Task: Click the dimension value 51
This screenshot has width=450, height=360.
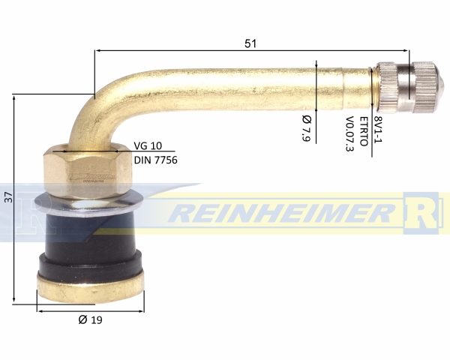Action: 250,43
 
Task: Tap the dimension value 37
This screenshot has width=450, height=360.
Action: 10,197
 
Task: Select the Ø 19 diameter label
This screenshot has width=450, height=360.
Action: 91,319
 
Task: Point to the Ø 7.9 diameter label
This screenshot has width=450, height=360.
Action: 307,127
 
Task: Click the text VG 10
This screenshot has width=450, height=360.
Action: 148,145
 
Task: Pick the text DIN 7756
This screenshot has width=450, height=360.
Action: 155,160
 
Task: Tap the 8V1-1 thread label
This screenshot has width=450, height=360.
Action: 378,129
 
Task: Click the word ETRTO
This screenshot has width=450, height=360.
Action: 364,131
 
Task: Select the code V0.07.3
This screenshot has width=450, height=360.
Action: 349,133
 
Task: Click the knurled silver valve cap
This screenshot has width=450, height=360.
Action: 409,87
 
